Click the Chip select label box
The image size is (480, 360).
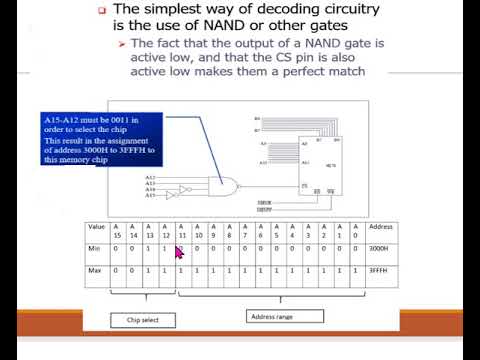143,320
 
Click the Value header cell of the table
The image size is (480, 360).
96,227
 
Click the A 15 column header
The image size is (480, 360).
117,233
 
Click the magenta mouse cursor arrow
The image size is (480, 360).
180,253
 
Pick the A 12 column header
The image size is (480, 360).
165,233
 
